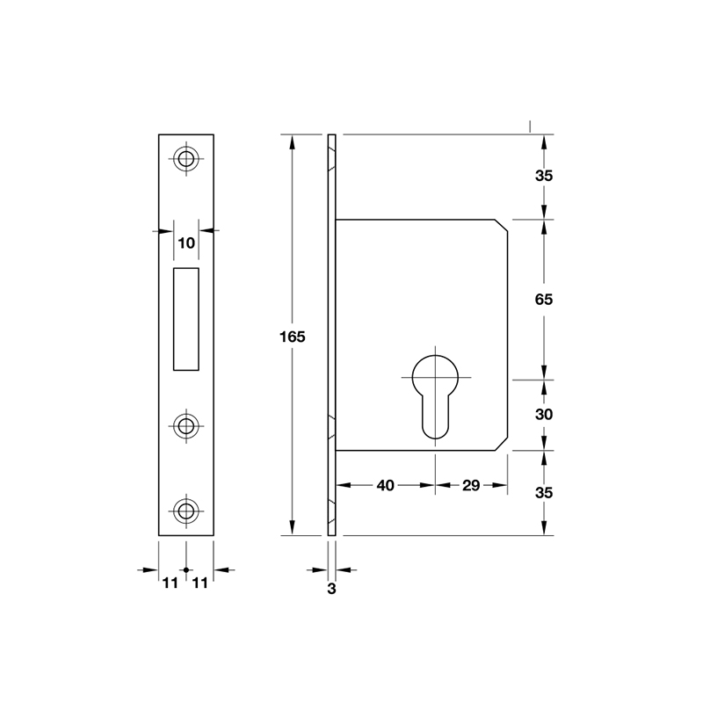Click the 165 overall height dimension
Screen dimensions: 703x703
click(x=292, y=337)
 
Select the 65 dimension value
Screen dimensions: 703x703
click(x=543, y=300)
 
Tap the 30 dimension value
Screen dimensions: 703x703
click(x=543, y=414)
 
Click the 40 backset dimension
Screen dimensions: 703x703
click(x=385, y=485)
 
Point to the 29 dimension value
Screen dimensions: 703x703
click(x=469, y=485)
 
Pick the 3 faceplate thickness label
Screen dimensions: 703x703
click(x=331, y=590)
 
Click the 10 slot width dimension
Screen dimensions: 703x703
click(x=185, y=243)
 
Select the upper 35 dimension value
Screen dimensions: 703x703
click(x=543, y=176)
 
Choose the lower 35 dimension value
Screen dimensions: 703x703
click(x=543, y=493)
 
